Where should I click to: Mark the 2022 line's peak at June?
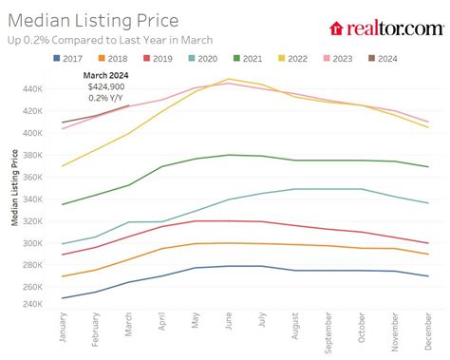pyautogui.click(x=228, y=79)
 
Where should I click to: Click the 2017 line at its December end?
pyautogui.click(x=427, y=275)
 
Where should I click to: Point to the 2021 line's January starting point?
pyautogui.click(x=62, y=204)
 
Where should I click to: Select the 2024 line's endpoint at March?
pyautogui.click(x=128, y=105)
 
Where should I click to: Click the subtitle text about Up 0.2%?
pyautogui.click(x=108, y=40)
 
